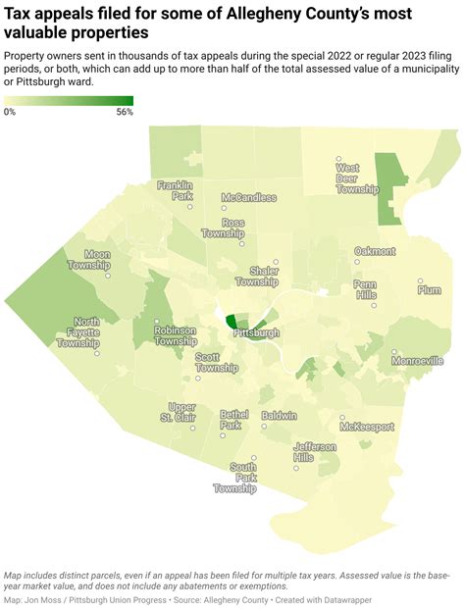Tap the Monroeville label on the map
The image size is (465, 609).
(x=417, y=361)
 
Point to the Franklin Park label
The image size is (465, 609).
(x=176, y=190)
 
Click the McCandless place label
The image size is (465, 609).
(x=248, y=197)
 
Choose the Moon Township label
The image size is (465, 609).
(x=89, y=260)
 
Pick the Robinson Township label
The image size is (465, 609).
(x=175, y=336)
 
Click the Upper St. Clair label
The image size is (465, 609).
(x=181, y=413)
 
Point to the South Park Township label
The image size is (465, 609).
(x=235, y=478)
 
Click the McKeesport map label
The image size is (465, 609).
(x=367, y=427)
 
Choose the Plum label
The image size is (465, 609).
(x=429, y=289)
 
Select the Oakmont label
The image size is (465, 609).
(x=375, y=251)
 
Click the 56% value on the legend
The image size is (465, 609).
(x=125, y=113)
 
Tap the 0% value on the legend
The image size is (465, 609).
(x=10, y=113)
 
